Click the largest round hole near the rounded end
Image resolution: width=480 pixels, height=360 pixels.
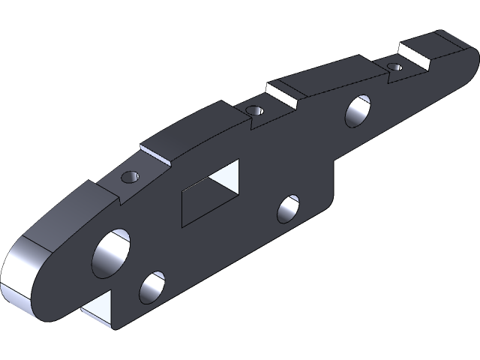(x=111, y=253)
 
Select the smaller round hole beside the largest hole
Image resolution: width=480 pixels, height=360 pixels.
(x=151, y=287)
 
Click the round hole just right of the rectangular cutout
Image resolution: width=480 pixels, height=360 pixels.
(x=288, y=208)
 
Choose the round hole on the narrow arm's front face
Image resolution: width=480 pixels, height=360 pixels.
(x=358, y=110)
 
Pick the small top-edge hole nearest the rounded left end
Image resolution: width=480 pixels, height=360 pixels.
(x=130, y=178)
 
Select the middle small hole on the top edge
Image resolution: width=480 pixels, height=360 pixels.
(x=255, y=111)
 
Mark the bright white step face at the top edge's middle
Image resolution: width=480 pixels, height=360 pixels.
(x=284, y=94)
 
